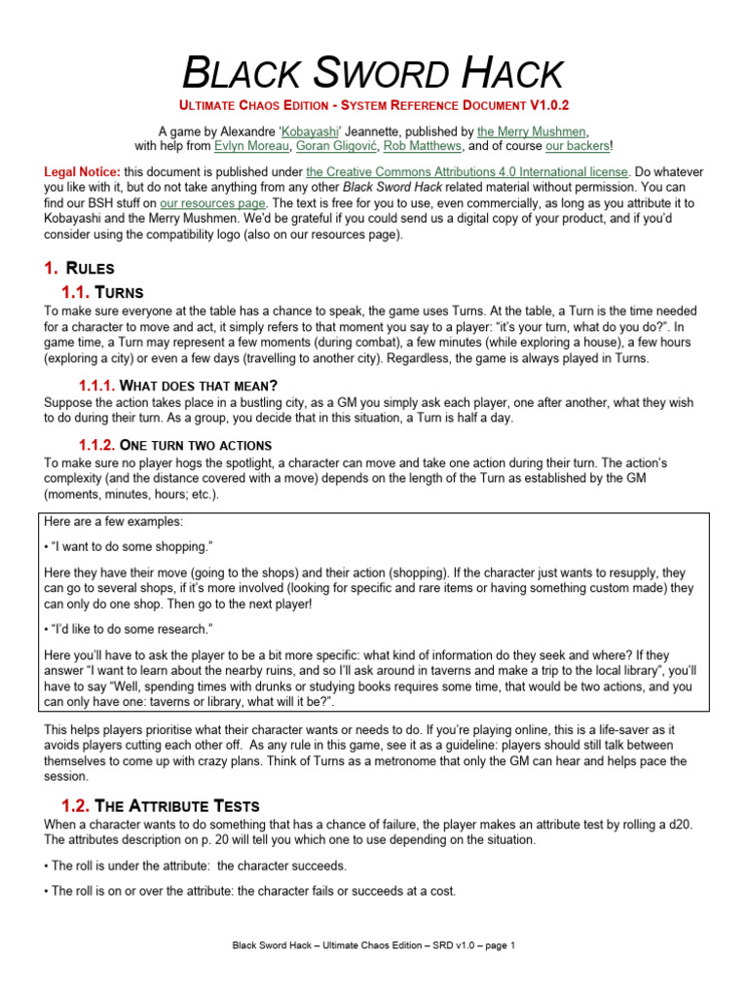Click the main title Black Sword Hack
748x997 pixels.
click(374, 73)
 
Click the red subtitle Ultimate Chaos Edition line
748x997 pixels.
click(374, 104)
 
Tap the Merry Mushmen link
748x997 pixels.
click(533, 130)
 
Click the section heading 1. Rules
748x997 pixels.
click(80, 268)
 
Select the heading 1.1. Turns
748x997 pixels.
click(102, 291)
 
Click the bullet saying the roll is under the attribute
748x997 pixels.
click(196, 866)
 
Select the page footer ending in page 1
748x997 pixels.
click(374, 944)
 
